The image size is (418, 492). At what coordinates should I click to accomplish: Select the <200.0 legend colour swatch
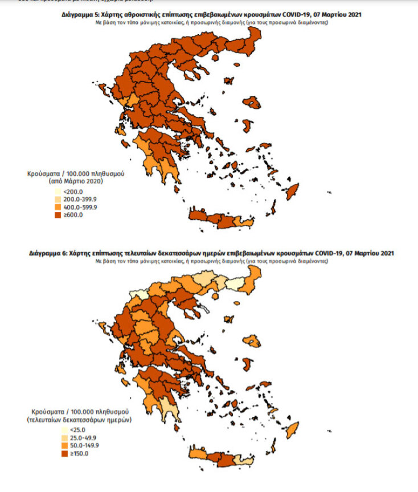tap(58, 192)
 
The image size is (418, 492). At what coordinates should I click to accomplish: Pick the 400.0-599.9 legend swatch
tap(58, 207)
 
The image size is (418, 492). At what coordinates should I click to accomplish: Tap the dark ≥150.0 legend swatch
tap(58, 453)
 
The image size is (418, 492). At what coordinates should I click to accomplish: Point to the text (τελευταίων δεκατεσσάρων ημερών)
tap(79, 419)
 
